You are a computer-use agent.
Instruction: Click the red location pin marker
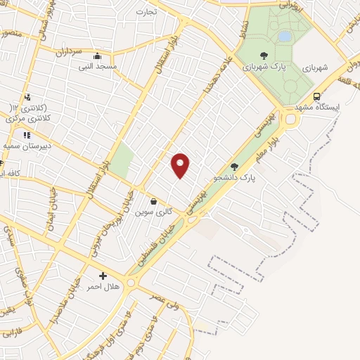[x=181, y=165]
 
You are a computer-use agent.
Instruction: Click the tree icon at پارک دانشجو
[x=234, y=167]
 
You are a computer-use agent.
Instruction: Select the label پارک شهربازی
[x=263, y=67]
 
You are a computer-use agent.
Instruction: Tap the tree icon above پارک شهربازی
[x=264, y=55]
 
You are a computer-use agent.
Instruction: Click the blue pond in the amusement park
[x=284, y=35]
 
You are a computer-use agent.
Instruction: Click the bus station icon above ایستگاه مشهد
[x=316, y=96]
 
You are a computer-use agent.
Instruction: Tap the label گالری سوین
[x=154, y=212]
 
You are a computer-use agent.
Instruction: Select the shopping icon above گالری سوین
[x=153, y=200]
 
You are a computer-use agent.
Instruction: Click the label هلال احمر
[x=103, y=287]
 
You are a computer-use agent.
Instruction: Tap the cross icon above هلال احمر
[x=103, y=276]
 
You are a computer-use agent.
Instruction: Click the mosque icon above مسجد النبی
[x=96, y=56]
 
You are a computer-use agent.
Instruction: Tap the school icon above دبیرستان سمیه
[x=27, y=135]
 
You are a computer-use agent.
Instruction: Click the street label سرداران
[x=70, y=53]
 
